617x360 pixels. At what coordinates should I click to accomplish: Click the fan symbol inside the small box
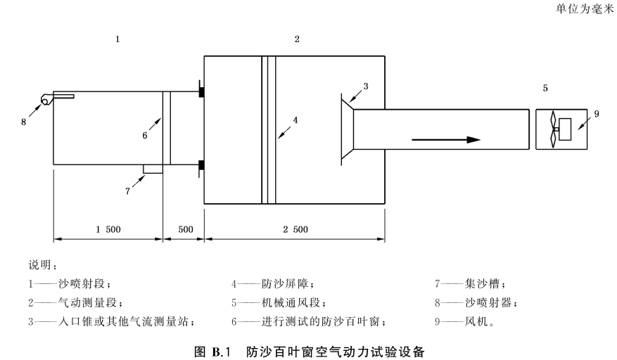coord(553,129)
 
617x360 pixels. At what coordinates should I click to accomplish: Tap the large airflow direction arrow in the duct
coord(446,140)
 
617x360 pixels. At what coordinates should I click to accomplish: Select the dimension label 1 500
coord(108,229)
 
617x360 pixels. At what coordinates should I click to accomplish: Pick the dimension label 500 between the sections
coord(185,229)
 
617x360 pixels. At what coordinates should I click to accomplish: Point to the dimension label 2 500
coord(295,229)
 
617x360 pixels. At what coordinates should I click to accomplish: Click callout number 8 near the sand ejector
coord(24,122)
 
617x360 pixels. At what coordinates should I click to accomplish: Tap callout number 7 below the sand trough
coord(127,191)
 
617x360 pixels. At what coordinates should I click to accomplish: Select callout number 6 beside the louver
coord(145,136)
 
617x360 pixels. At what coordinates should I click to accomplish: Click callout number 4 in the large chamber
coord(295,120)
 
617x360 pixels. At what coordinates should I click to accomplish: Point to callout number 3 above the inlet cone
coord(366,86)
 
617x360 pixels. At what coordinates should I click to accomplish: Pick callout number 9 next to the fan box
coord(597,114)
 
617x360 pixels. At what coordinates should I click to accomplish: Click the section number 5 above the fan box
coord(545,88)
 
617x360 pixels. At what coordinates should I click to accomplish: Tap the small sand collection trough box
coord(153,169)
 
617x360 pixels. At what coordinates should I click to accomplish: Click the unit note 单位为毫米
coord(585,9)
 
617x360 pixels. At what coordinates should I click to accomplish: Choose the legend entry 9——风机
coord(464,322)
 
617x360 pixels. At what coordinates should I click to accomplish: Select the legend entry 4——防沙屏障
coord(273,283)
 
